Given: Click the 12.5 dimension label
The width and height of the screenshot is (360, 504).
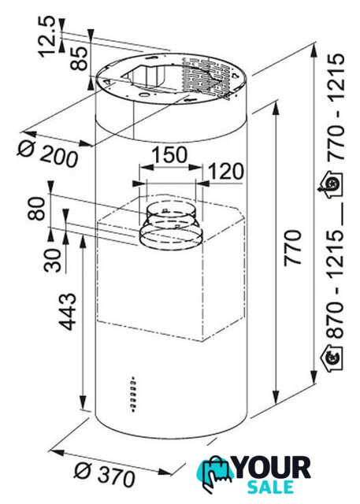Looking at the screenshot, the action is pos(48,37).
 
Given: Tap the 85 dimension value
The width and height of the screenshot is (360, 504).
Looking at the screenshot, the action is pos(79,58).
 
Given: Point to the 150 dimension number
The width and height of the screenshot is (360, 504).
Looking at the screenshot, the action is pos(169,154).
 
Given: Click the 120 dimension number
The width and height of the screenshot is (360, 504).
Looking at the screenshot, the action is pos(226,172).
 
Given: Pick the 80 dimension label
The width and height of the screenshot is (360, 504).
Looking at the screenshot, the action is pos(36,208).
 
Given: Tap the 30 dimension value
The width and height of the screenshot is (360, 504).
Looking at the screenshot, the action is pos(53,261).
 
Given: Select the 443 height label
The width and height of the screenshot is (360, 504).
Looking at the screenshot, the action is pos(69,312).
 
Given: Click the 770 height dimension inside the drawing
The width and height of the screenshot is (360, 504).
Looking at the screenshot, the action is pos(292,247).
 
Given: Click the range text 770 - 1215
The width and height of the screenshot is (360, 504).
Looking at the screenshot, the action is pos(336,107).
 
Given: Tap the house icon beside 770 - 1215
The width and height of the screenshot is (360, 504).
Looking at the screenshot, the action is pos(331,184).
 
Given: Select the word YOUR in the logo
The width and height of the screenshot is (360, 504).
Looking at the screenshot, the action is pos(273,468).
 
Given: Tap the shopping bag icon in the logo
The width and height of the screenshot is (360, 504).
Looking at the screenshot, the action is pos(215,473).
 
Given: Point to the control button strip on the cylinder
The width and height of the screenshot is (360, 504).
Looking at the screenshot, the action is pos(133,394).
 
